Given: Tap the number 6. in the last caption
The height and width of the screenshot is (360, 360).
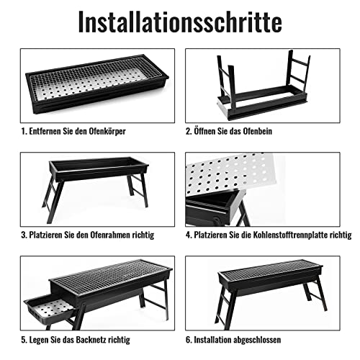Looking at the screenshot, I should (x=189, y=339).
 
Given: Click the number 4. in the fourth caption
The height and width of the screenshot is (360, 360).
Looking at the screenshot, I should (x=189, y=235).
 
